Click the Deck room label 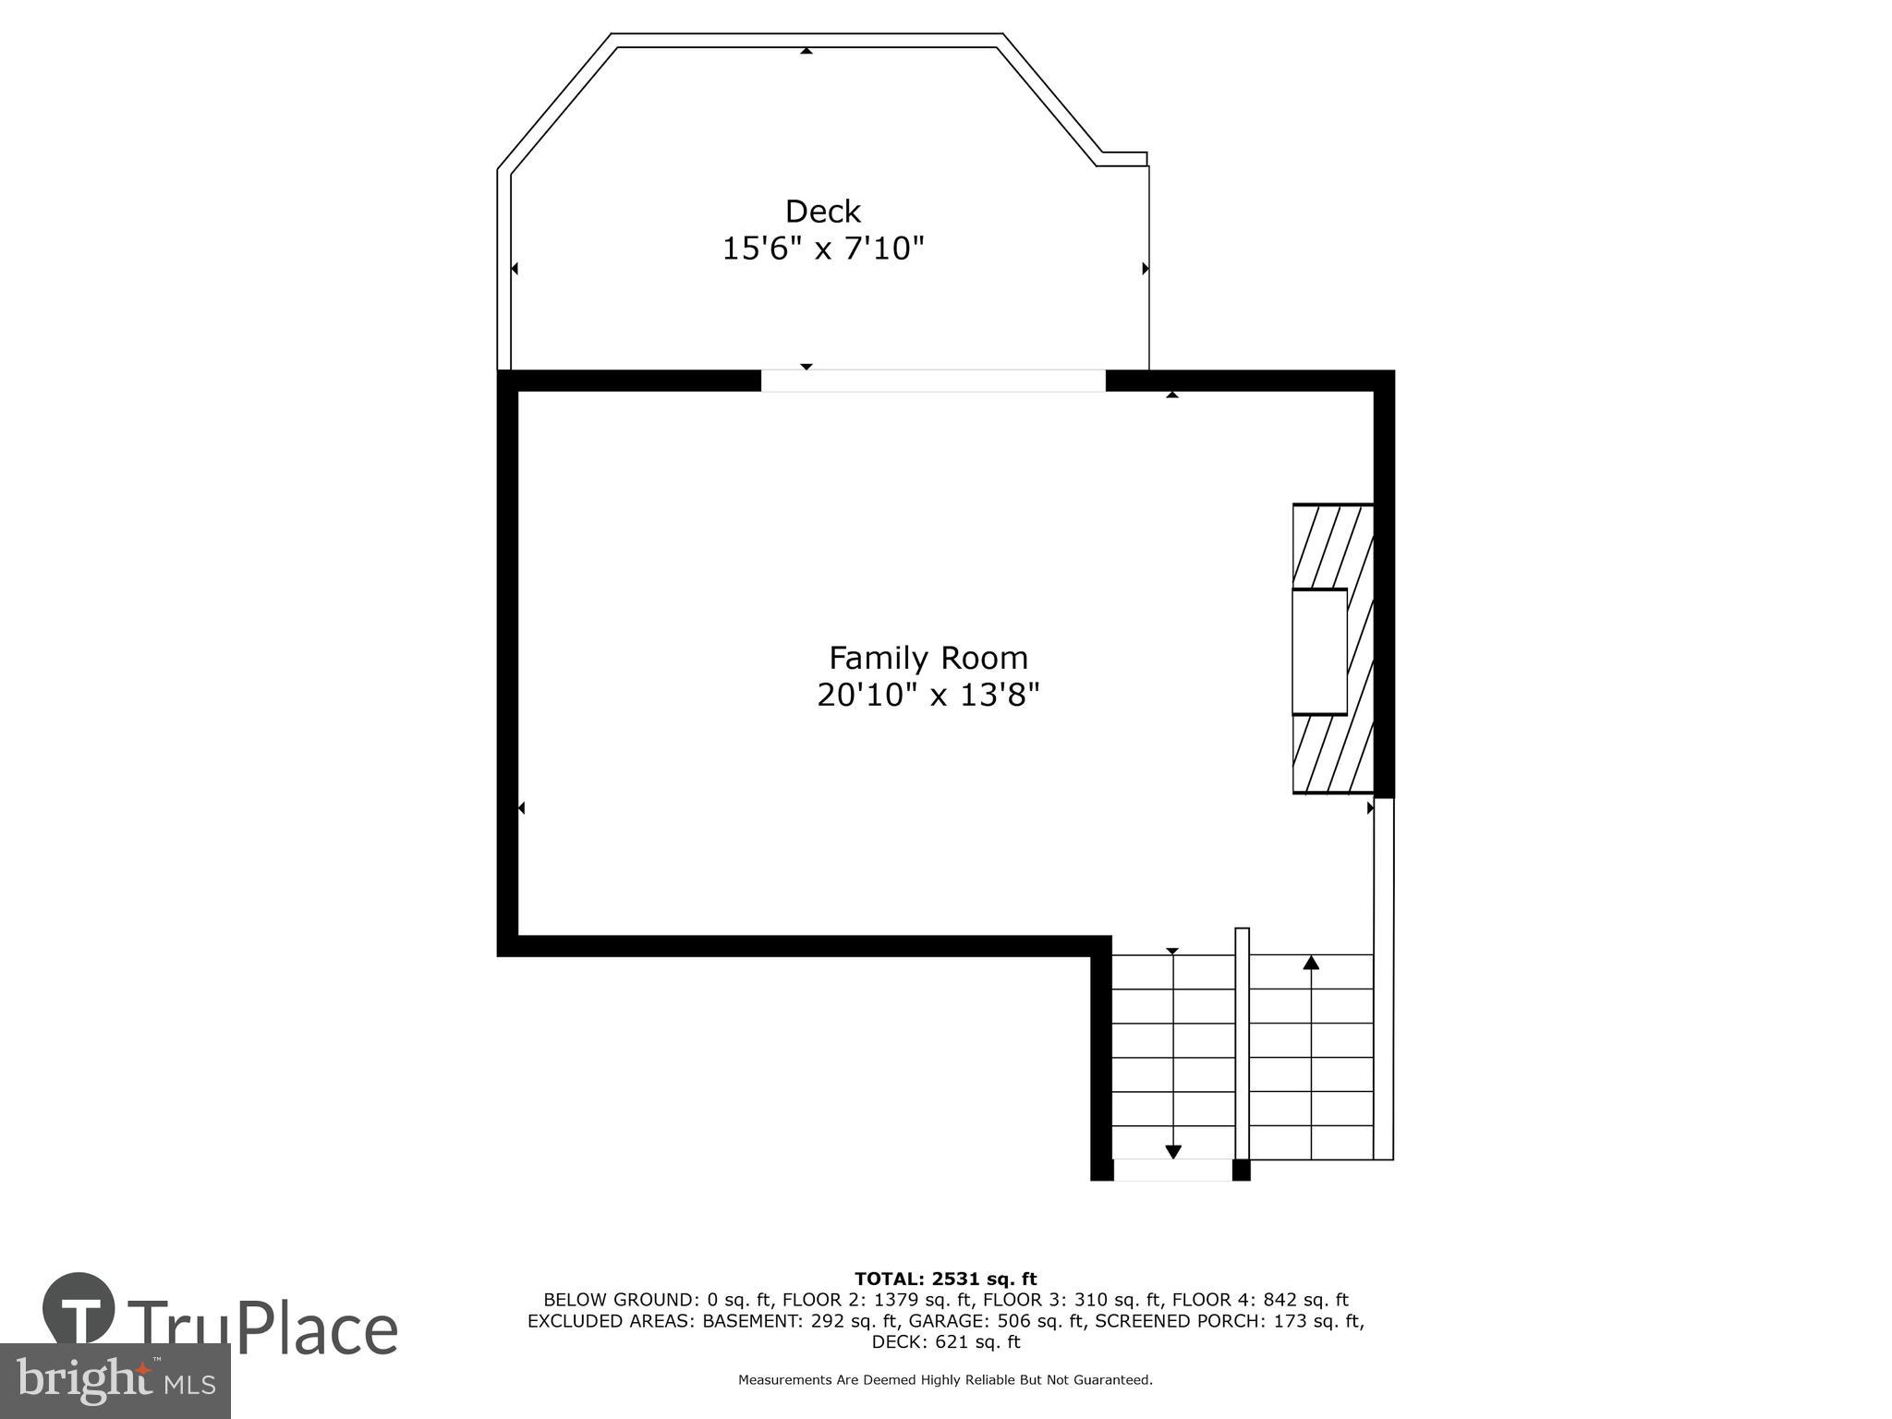coord(822,212)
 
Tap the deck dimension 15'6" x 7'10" coord(822,249)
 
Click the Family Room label coord(928,658)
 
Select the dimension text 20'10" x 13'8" coord(928,695)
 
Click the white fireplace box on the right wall coord(1318,651)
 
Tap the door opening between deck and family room coord(932,381)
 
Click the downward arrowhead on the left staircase coord(1172,1152)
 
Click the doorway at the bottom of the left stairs coord(1172,1170)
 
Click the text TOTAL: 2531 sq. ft coord(945,1280)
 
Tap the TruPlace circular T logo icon coord(79,1309)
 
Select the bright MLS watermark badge coord(115,1381)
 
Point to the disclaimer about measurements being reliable coord(945,1380)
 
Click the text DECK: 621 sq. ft coord(945,1342)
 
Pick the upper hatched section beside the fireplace coord(1332,546)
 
